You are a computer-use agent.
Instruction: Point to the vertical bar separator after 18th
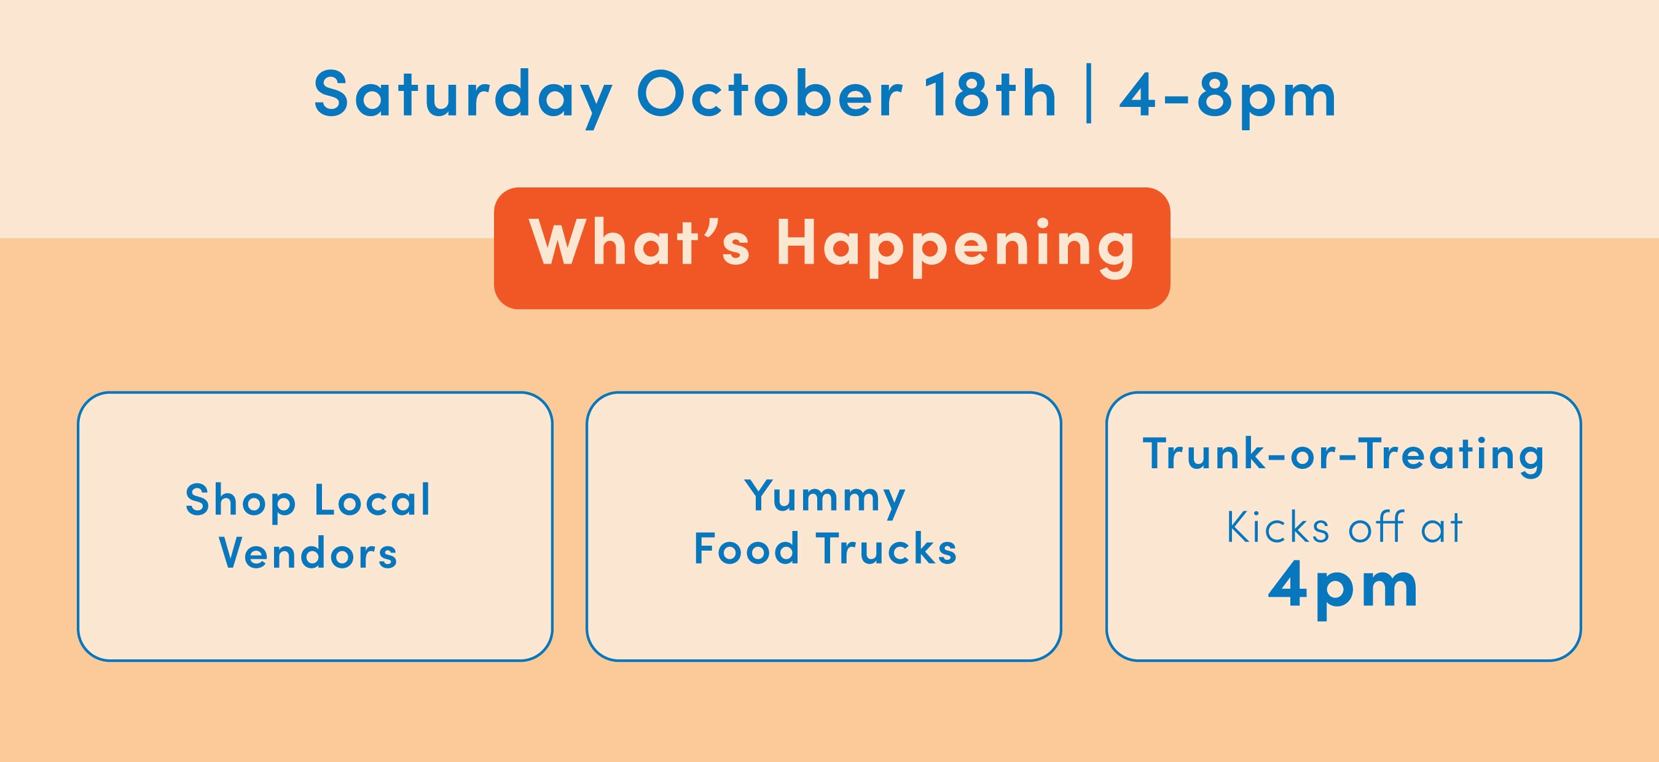tap(1088, 94)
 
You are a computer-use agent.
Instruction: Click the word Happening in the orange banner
tap(955, 249)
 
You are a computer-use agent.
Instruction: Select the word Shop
tap(240, 503)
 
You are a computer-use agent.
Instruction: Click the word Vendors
tap(308, 552)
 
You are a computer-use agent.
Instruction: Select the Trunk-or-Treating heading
tap(1343, 455)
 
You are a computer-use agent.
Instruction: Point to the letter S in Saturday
tap(332, 94)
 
